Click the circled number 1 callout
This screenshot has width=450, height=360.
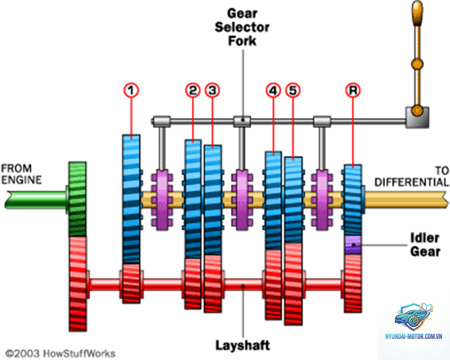131,90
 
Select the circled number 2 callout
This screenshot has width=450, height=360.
193,90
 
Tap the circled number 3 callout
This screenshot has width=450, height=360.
212,90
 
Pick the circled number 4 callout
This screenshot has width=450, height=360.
273,90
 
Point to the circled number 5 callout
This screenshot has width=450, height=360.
293,90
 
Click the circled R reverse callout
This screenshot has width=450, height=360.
353,90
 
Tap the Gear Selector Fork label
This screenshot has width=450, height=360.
242,27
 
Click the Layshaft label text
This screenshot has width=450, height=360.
243,345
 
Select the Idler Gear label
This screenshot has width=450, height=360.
425,245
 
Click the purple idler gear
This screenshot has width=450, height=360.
353,245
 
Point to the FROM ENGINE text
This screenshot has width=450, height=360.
21,174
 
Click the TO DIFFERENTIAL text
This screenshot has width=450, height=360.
412,176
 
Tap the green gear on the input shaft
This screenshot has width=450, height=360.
78,199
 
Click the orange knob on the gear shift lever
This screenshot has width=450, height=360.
417,13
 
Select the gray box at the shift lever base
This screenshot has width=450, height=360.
418,117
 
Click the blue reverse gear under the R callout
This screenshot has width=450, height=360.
353,200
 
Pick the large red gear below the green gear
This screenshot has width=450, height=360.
78,284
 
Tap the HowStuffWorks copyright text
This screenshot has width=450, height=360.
60,354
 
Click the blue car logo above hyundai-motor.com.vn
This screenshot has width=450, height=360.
413,317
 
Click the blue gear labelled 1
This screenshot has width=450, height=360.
131,199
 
